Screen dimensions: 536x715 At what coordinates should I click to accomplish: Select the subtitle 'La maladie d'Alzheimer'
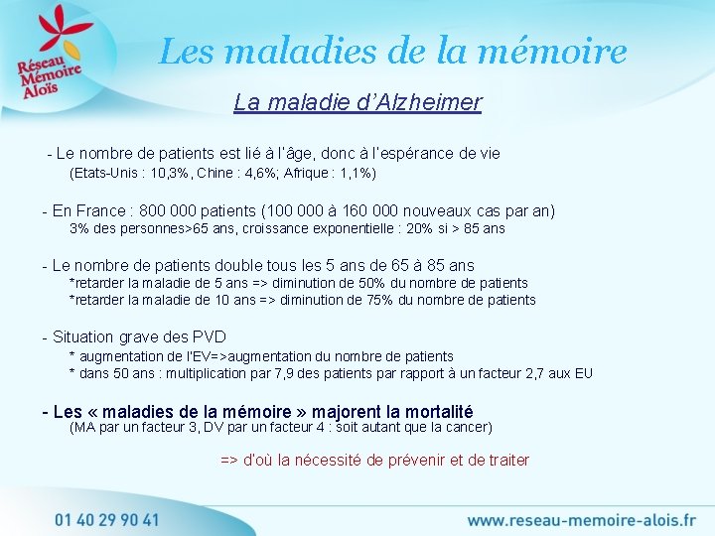click(x=357, y=102)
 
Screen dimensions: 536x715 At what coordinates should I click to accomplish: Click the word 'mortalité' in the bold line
click(x=433, y=411)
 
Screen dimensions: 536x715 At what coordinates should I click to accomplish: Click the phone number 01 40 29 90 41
click(x=106, y=518)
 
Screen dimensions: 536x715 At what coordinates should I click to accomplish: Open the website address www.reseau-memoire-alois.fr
click(x=582, y=519)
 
